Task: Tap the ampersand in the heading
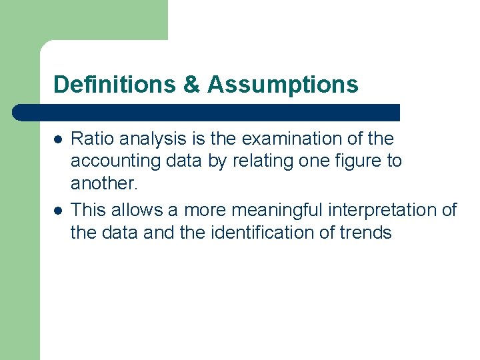pos(191,85)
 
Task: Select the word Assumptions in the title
pos(283,85)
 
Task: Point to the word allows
pos(137,209)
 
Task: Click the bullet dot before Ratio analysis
pos(59,140)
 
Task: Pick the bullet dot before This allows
pos(59,211)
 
